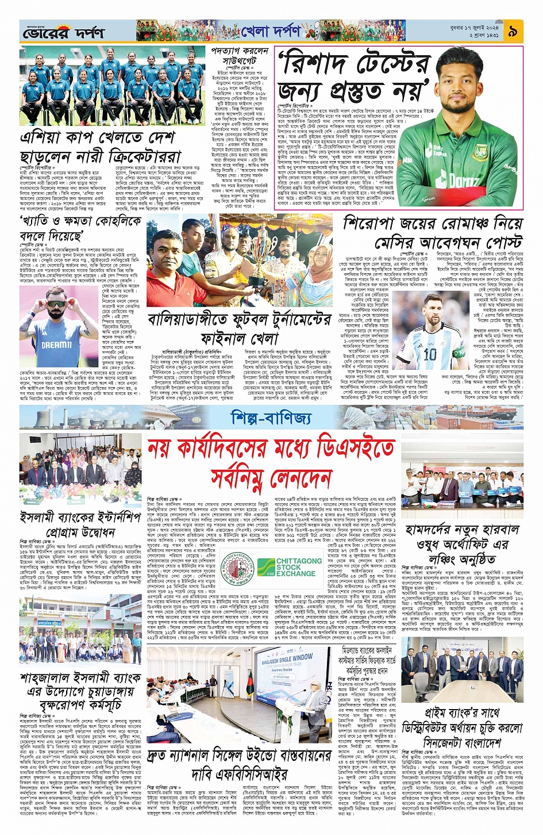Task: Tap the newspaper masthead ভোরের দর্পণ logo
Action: click(x=63, y=33)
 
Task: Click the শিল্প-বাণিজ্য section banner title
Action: click(x=271, y=417)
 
